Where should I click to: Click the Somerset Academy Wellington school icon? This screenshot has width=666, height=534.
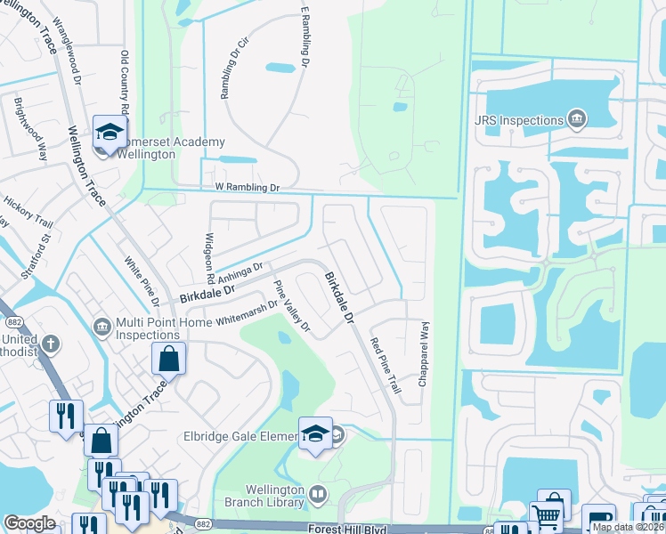pyautogui.click(x=110, y=133)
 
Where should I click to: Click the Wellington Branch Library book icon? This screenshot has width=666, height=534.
pyautogui.click(x=319, y=493)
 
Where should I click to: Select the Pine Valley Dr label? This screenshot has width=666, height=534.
pyautogui.click(x=292, y=308)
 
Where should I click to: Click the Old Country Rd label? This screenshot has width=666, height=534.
pyautogui.click(x=126, y=84)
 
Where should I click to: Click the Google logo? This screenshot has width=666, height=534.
pyautogui.click(x=30, y=523)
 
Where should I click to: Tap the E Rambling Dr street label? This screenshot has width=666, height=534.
pyautogui.click(x=305, y=36)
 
